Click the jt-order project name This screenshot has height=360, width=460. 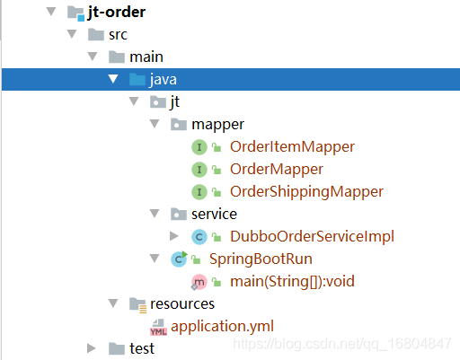point(117,13)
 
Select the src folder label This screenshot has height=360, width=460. point(118,35)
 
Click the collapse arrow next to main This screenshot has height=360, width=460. point(93,57)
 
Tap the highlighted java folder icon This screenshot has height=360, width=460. point(137,79)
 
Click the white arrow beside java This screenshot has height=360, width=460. point(113,79)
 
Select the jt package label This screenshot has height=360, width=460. point(175,102)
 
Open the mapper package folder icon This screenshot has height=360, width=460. point(179,124)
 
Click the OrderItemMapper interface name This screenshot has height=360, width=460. point(292,146)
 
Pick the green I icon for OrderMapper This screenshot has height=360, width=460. point(199,170)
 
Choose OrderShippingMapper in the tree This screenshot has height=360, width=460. point(306,192)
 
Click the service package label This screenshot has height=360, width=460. point(214,215)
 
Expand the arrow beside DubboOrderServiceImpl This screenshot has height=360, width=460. point(174,236)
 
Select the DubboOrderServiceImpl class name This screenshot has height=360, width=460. point(312,236)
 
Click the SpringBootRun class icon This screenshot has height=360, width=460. point(179,259)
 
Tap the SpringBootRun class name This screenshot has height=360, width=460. point(261,259)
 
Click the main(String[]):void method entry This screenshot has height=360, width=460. point(292,282)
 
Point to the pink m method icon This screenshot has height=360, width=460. point(199,282)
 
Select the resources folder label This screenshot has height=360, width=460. point(182,304)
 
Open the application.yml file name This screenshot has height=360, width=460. point(222,326)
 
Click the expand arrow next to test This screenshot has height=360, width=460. point(91,348)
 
